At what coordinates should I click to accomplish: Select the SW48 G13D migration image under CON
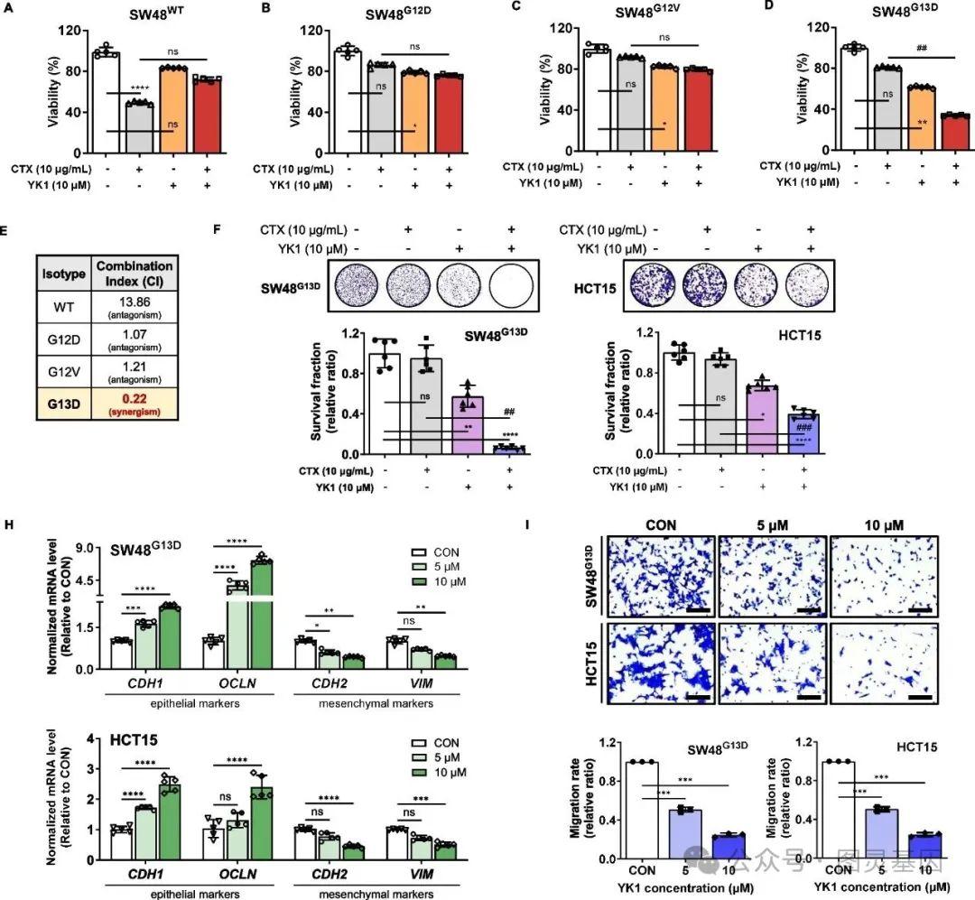coord(661,576)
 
